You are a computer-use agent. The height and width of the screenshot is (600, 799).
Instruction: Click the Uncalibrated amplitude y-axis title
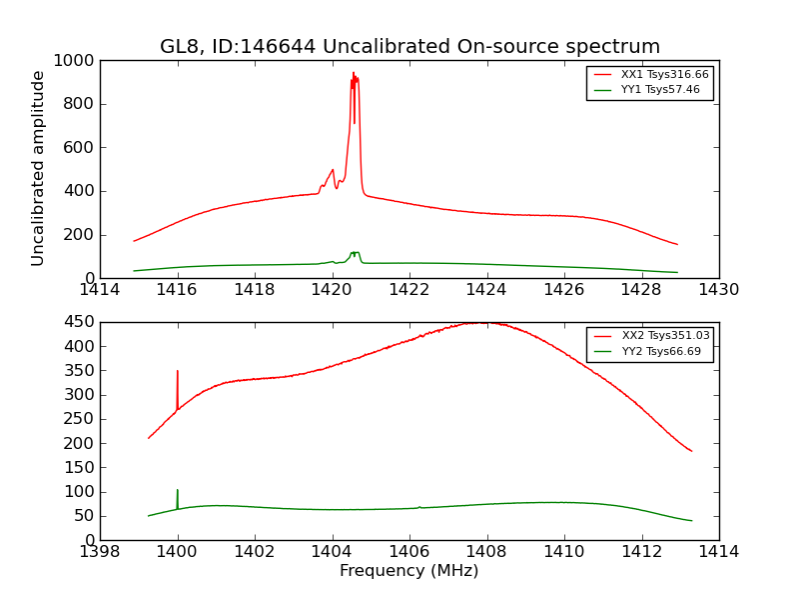[x=38, y=168]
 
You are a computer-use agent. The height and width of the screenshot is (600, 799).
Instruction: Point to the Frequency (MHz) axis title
[x=408, y=571]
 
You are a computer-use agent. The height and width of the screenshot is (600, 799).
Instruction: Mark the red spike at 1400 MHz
[x=178, y=372]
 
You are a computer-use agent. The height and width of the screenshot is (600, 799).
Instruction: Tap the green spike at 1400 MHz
[x=178, y=491]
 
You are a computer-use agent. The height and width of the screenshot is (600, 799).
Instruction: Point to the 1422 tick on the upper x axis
[x=409, y=290]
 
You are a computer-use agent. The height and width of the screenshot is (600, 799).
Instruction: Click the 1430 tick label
[x=718, y=290]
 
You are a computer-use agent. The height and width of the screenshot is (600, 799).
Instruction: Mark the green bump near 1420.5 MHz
[x=355, y=254]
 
